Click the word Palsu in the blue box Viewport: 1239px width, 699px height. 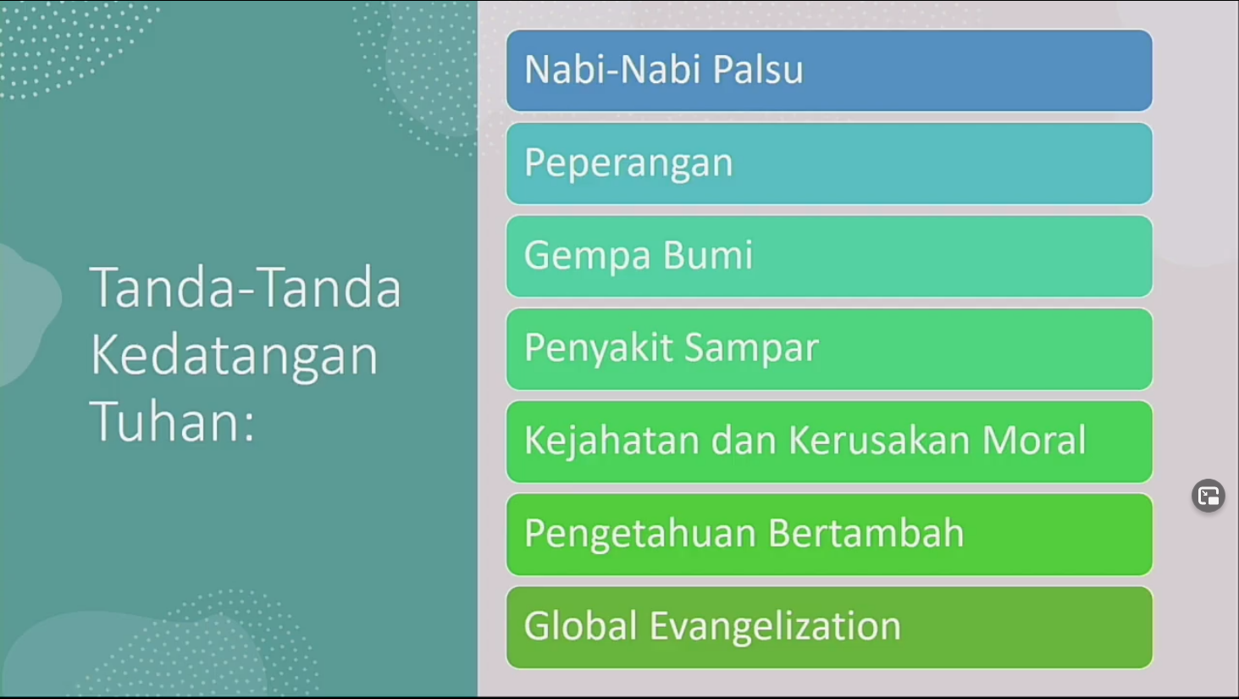[757, 69]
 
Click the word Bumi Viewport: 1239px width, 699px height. [708, 255]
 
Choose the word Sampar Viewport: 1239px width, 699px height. [752, 349]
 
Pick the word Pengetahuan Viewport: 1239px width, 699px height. [640, 534]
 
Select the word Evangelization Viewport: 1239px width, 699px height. [775, 626]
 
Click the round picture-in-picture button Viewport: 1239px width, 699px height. [1209, 496]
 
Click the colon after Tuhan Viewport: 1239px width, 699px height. [249, 427]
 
